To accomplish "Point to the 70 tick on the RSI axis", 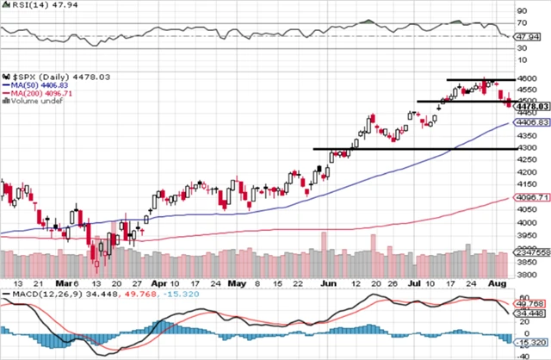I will click(x=521, y=22).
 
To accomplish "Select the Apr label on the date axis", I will click(x=158, y=282).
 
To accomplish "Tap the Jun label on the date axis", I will click(x=328, y=282).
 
